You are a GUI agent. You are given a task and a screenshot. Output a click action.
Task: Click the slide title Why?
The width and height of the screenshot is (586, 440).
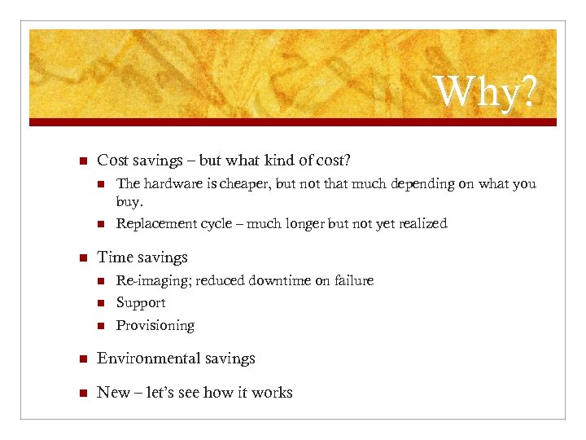pyautogui.click(x=487, y=94)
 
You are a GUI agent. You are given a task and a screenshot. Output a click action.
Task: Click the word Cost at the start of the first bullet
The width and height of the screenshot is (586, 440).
pyautogui.click(x=112, y=160)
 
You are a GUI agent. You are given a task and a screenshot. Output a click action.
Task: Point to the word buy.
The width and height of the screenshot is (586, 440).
pyautogui.click(x=129, y=201)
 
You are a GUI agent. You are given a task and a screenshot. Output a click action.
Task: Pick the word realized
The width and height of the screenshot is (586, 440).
pyautogui.click(x=420, y=223)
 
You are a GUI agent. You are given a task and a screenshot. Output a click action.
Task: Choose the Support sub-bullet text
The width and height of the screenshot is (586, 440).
pyautogui.click(x=140, y=303)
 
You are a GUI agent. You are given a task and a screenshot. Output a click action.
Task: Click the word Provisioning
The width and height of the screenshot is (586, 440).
pyautogui.click(x=155, y=326)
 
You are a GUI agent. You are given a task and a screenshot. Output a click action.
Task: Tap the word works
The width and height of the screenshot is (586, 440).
pyautogui.click(x=272, y=393)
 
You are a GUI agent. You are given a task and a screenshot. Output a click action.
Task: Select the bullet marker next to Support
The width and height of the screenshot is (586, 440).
pyautogui.click(x=100, y=303)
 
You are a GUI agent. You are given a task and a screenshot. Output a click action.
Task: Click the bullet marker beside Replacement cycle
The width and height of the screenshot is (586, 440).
pyautogui.click(x=100, y=224)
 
